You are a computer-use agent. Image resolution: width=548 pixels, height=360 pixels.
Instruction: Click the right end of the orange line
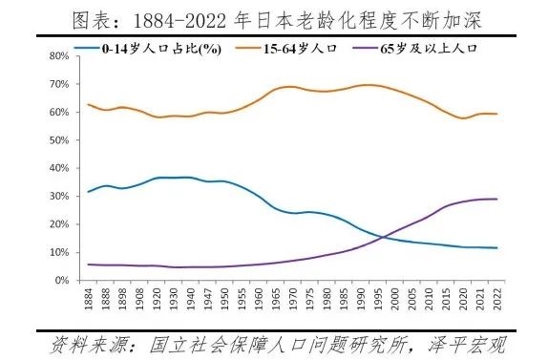point(497,114)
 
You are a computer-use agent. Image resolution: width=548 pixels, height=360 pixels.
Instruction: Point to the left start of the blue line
point(88,192)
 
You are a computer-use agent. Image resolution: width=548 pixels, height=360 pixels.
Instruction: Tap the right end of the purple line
point(497,199)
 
